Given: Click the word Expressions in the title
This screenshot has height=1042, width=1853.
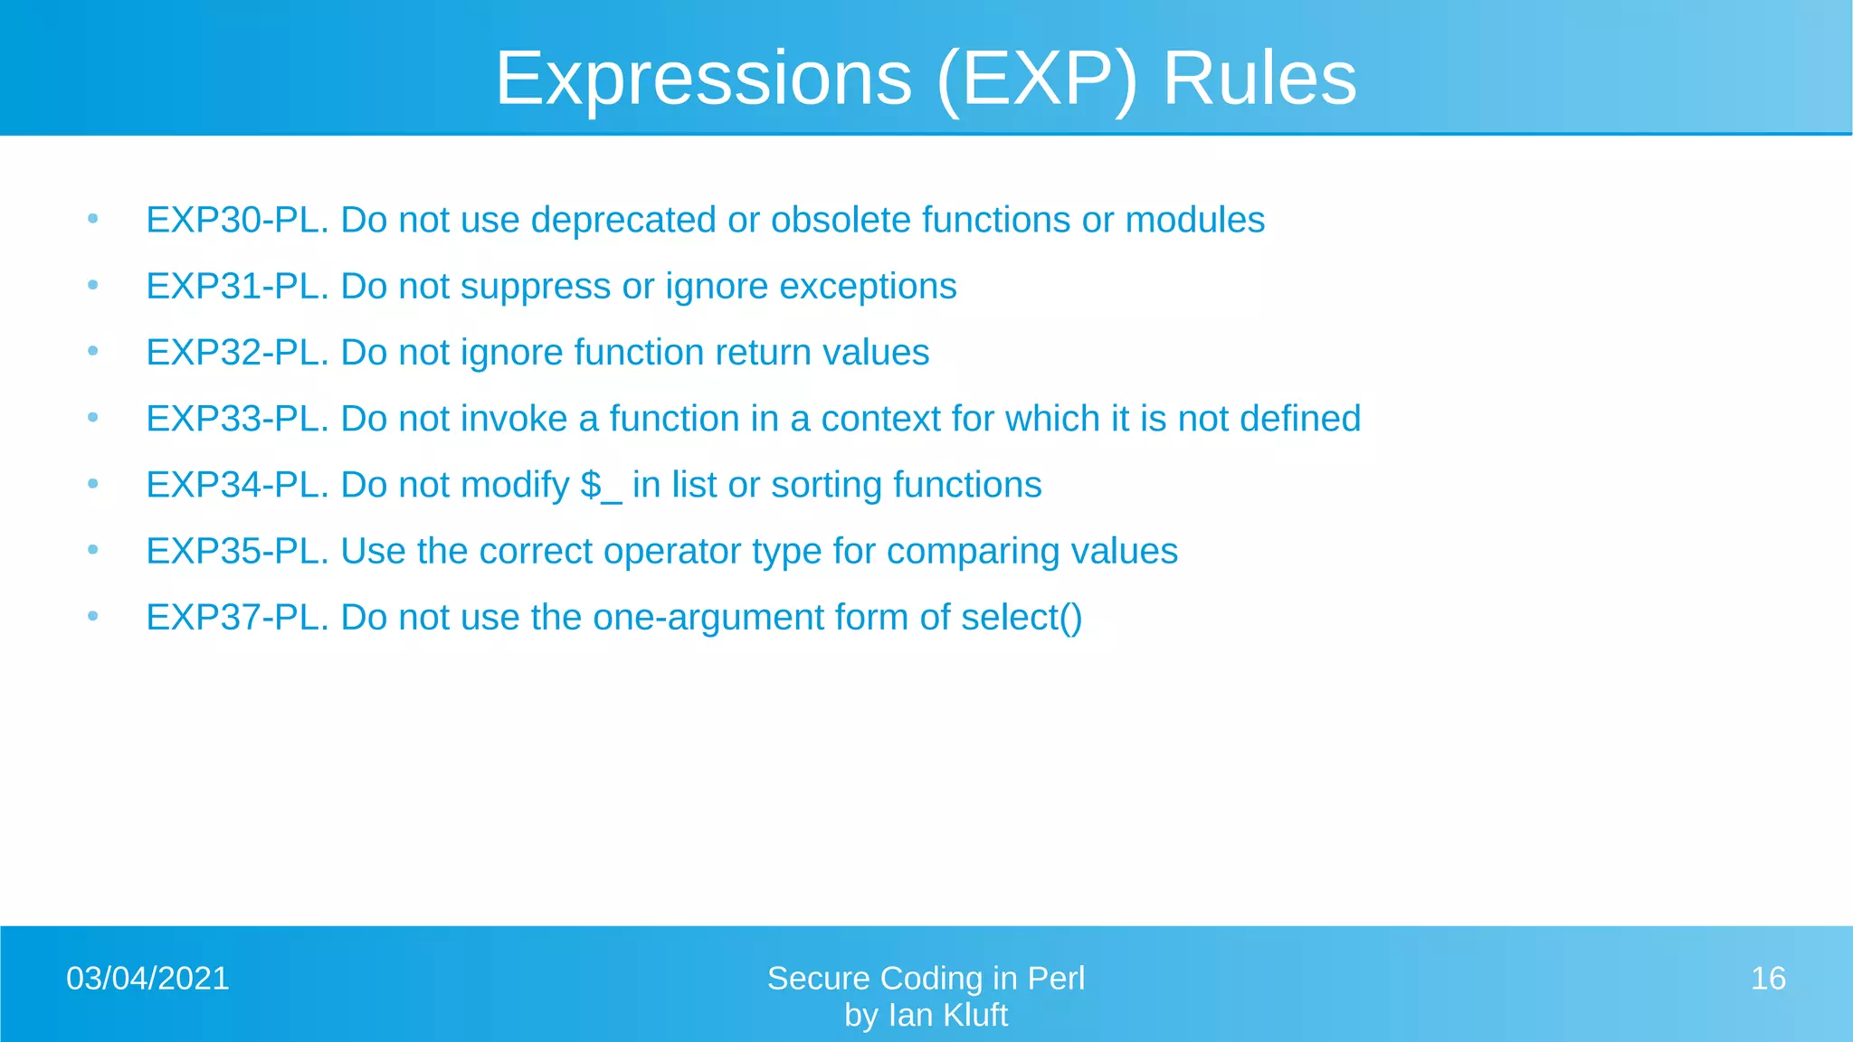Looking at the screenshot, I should pos(703,80).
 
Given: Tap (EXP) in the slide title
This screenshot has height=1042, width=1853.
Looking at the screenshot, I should pos(1037,80).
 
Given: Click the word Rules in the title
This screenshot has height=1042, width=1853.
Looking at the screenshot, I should pos(1259,80).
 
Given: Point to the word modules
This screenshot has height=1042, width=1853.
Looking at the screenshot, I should pos(1194,221).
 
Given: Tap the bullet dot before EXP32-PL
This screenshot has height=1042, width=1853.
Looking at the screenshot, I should pos(92,351).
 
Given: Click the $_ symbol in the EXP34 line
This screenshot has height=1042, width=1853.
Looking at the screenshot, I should pos(601,486).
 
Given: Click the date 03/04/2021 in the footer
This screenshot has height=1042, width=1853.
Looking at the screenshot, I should pos(147,979).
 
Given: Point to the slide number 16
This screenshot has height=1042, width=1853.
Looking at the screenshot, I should pos(1767,979).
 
